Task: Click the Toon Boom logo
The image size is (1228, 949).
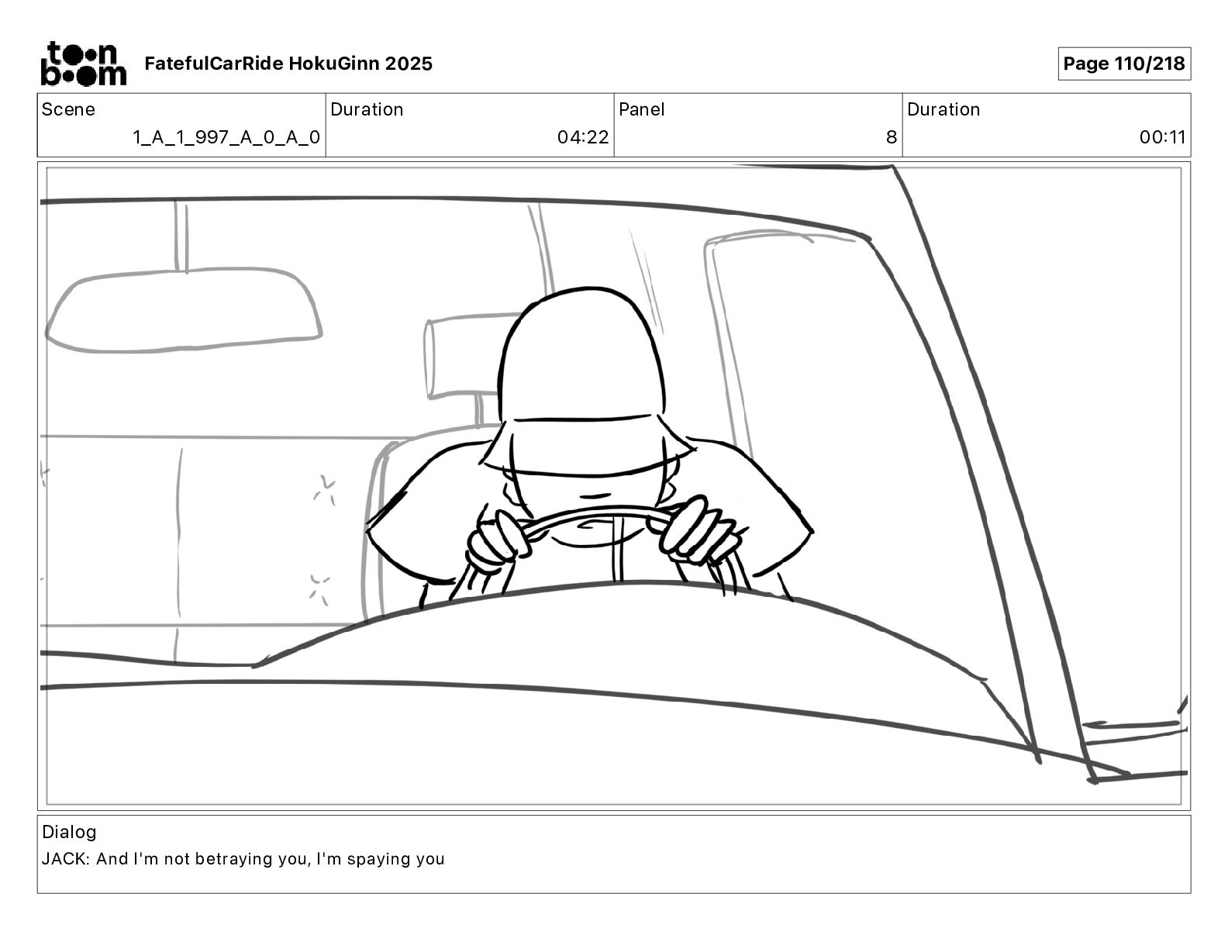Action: [x=84, y=64]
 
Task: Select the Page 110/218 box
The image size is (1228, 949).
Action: [x=1124, y=64]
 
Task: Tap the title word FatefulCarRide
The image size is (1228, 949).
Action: [x=214, y=64]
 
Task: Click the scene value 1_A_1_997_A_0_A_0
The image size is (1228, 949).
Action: [x=226, y=137]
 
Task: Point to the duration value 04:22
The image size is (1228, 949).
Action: [x=583, y=137]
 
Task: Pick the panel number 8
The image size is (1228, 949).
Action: [x=892, y=137]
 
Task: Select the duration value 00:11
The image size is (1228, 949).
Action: [x=1162, y=137]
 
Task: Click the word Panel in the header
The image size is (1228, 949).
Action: [x=641, y=109]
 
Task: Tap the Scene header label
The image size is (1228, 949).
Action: [x=68, y=109]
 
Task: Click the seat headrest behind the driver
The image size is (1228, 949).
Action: [x=464, y=356]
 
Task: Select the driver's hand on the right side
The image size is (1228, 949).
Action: [x=699, y=531]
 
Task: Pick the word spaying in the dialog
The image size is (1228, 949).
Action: [x=378, y=860]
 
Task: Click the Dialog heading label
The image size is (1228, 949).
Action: [x=69, y=832]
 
